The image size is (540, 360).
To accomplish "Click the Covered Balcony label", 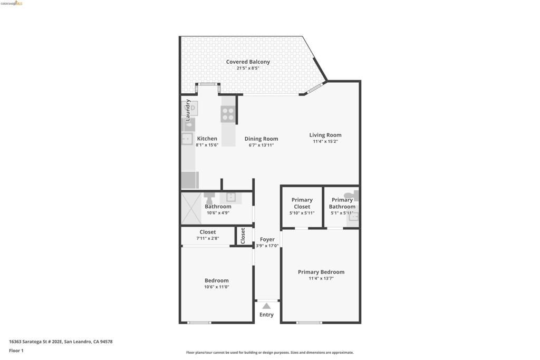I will click(248, 62).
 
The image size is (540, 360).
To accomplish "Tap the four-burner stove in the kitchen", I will click(228, 114).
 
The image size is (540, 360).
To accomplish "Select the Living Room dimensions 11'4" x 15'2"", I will click(325, 141).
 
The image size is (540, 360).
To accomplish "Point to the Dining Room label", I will click(261, 139).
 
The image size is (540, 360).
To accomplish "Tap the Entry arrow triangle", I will click(266, 306).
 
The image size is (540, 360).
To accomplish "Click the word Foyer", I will click(267, 239).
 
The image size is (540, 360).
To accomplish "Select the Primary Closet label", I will click(302, 203).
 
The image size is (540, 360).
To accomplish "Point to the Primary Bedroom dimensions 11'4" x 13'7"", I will click(321, 278).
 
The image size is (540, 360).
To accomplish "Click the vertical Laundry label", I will click(188, 110).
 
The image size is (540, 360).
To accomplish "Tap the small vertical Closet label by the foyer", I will click(243, 236).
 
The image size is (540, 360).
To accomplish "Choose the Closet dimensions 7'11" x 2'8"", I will click(207, 238).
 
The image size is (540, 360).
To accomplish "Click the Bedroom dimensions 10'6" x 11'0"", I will click(217, 287).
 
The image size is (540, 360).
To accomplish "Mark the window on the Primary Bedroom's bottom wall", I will click(309, 322).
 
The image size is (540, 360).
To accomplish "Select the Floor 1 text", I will click(16, 351).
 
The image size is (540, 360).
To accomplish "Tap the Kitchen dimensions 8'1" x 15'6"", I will click(207, 145).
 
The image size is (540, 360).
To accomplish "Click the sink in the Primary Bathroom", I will click(354, 216).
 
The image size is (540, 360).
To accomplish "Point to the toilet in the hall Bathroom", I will click(209, 199).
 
